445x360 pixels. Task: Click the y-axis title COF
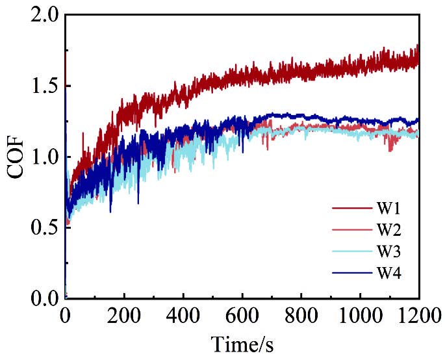tap(18, 157)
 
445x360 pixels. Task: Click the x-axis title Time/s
tap(242, 344)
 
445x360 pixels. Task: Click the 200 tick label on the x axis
tap(124, 318)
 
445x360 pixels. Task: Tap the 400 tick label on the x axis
tap(183, 318)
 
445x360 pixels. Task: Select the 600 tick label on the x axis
tap(242, 318)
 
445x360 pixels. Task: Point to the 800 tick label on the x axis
tap(301, 318)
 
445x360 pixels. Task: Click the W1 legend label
tap(388, 209)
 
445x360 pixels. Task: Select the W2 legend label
tap(388, 230)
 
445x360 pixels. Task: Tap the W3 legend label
tap(388, 251)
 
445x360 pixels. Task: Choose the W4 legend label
tap(388, 273)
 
